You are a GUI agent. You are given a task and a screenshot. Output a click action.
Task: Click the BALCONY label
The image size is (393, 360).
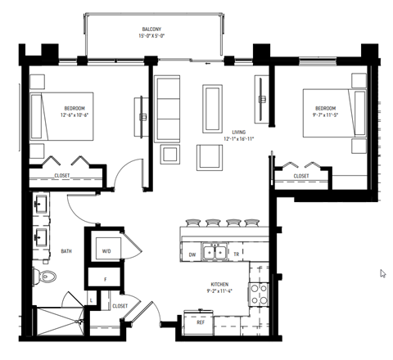[x=150, y=29]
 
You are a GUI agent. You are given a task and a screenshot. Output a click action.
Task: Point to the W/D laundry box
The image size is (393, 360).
[x=107, y=251]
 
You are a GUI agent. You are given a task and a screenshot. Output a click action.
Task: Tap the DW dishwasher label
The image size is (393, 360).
[x=192, y=254]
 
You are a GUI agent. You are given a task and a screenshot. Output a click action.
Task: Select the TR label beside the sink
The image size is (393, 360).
[x=237, y=254]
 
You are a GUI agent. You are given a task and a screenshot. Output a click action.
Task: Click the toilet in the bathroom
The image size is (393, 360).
[x=46, y=279]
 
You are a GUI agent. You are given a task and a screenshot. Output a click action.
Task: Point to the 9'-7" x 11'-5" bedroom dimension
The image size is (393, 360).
[x=325, y=115]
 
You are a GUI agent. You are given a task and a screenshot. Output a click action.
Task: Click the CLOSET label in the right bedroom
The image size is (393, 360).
[x=301, y=175]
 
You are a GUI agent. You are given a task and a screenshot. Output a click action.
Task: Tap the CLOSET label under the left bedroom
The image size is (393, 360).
[x=62, y=175]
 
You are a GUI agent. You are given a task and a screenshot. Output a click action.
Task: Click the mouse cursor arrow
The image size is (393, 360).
[x=383, y=273]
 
